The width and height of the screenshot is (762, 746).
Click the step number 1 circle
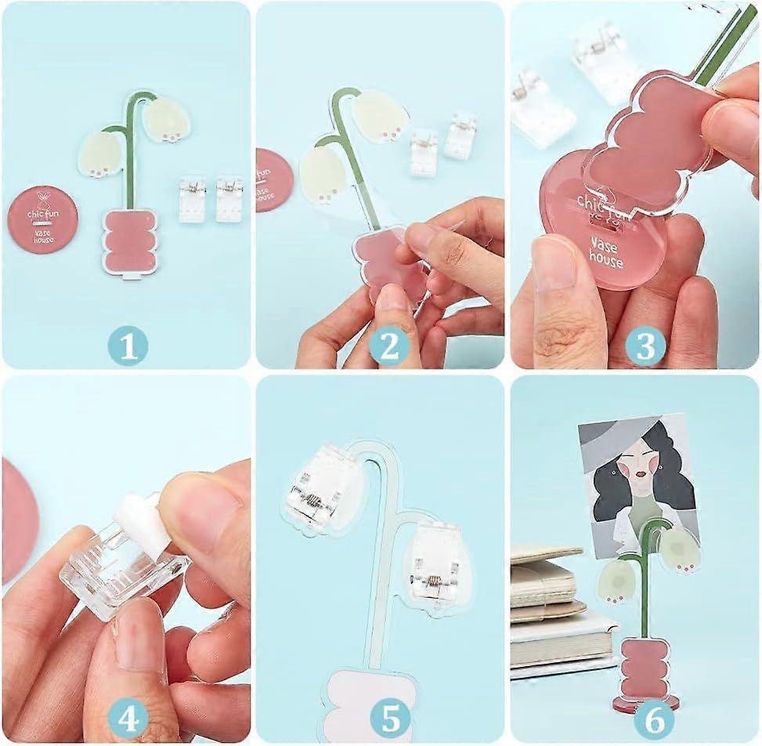[x=127, y=345]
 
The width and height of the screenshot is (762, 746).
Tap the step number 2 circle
[x=389, y=346]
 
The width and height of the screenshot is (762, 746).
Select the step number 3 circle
[x=645, y=346]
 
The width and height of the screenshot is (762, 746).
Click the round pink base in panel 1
[x=42, y=219]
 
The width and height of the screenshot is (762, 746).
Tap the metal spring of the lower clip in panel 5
[x=432, y=581]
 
